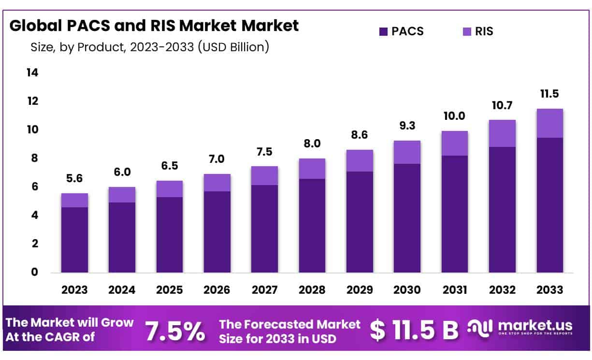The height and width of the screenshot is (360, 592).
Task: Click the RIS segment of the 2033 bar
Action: point(550,123)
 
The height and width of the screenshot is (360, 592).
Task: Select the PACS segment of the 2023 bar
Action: point(74,240)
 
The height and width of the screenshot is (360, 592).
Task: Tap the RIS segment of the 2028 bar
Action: point(312,169)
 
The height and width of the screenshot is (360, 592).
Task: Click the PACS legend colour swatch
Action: point(384,32)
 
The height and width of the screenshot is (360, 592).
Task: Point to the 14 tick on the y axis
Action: point(32,72)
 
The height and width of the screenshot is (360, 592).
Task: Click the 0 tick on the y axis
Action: point(34,272)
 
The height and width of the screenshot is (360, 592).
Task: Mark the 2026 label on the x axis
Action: point(217,290)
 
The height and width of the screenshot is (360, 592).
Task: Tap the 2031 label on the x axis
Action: point(454,290)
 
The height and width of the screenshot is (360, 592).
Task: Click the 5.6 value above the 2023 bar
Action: point(74,178)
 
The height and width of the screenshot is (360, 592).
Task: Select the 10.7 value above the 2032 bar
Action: point(502,105)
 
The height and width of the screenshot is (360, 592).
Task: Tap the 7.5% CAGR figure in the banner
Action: point(175,331)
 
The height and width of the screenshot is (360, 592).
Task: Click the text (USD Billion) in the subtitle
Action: point(233,47)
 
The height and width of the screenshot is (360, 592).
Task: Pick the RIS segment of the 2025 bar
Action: point(169,189)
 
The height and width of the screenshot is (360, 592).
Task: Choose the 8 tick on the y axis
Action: point(34,158)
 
